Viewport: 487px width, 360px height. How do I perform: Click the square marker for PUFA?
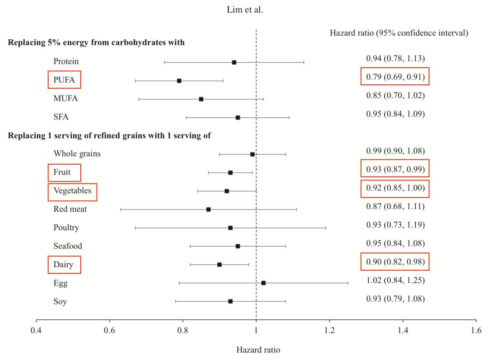tap(179, 81)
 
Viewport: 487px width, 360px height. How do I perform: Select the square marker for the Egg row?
tap(263, 283)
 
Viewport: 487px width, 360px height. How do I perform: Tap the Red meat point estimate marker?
tap(208, 209)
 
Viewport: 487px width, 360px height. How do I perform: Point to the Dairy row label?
tap(63, 264)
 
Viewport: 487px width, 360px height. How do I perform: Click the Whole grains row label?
tap(77, 154)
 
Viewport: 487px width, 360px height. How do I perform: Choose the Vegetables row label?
tap(72, 191)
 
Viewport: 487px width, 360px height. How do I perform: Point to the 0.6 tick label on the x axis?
tap(109, 330)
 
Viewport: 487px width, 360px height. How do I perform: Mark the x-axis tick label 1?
tap(256, 330)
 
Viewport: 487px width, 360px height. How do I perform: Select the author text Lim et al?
tap(245, 10)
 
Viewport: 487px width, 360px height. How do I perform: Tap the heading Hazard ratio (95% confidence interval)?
tap(399, 33)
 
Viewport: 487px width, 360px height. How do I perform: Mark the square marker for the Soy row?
tap(230, 301)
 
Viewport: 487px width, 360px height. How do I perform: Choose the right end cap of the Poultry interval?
tap(326, 228)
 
